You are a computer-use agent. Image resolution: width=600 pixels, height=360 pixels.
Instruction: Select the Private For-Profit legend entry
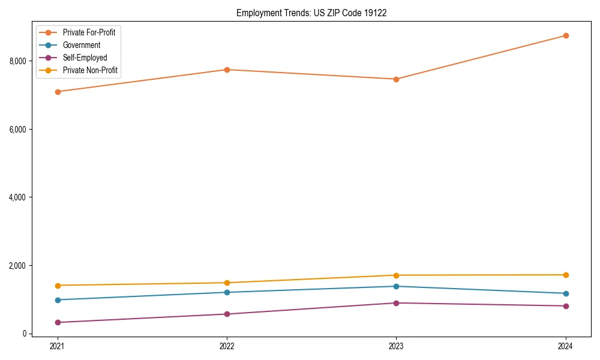coord(89,32)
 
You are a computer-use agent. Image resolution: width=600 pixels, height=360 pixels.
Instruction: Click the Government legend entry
coord(82,45)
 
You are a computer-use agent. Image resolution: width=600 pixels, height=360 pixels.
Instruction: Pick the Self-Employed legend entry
coord(85,58)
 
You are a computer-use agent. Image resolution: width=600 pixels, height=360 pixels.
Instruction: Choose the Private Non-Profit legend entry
coord(90,70)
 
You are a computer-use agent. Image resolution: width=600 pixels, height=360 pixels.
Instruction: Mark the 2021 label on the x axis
coord(58,346)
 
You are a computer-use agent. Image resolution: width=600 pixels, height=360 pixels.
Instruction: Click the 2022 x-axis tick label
coord(227,346)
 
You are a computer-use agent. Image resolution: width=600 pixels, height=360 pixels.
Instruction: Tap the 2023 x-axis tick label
coord(396,346)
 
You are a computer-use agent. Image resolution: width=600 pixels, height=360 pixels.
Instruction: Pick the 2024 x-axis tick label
coord(565,346)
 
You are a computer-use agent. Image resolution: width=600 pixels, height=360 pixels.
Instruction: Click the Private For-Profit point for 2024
coord(565,35)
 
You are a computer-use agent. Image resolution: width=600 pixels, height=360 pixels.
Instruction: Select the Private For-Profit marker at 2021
coord(58,92)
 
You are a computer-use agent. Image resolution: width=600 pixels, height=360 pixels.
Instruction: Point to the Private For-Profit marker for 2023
coord(396,79)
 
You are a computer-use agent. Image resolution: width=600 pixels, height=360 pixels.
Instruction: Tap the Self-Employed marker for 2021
coord(58,322)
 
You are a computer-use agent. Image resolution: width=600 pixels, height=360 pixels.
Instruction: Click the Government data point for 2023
coord(396,286)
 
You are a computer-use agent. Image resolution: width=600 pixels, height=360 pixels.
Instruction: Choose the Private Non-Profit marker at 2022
coord(227,283)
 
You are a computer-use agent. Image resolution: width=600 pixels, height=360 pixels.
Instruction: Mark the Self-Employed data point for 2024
coord(565,306)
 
